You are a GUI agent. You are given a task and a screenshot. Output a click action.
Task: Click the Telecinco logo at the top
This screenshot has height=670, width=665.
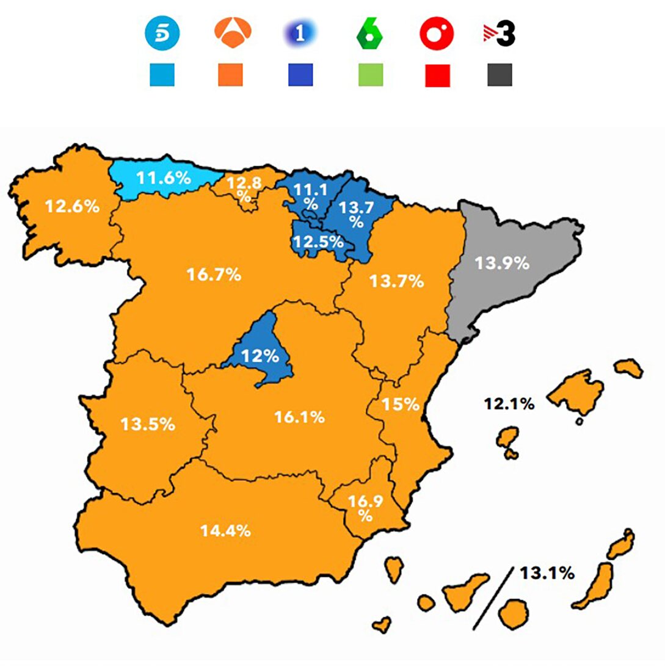(x=161, y=34)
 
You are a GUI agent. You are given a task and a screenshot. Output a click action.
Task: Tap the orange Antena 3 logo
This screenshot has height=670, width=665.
(x=230, y=34)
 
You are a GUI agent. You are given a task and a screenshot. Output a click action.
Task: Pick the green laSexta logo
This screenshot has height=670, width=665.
(x=369, y=34)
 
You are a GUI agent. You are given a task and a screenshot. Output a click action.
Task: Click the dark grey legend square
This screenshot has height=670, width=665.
(x=500, y=76)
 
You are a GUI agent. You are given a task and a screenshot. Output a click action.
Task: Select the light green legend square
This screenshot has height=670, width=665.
(x=370, y=76)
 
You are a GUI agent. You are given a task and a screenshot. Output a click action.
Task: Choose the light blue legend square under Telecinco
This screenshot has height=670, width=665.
(x=162, y=76)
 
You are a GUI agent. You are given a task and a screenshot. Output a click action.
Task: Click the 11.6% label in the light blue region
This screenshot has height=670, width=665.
(x=164, y=179)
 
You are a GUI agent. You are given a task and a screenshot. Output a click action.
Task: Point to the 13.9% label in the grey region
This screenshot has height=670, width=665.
(x=502, y=264)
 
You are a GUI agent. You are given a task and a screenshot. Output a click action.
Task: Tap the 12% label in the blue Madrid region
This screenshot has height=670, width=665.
(x=259, y=356)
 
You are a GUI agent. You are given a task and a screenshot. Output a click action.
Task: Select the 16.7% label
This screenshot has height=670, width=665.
(x=214, y=275)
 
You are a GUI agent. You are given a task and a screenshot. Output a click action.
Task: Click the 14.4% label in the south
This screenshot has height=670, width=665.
(x=225, y=531)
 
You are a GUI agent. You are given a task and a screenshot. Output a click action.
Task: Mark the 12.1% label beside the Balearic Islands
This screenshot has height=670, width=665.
(x=509, y=403)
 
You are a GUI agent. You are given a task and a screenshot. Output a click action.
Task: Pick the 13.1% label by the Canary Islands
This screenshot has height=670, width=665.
(x=547, y=574)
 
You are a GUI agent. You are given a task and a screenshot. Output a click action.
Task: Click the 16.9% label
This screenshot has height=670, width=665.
(x=365, y=508)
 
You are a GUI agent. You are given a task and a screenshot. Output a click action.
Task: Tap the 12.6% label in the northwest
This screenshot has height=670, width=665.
(x=72, y=206)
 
